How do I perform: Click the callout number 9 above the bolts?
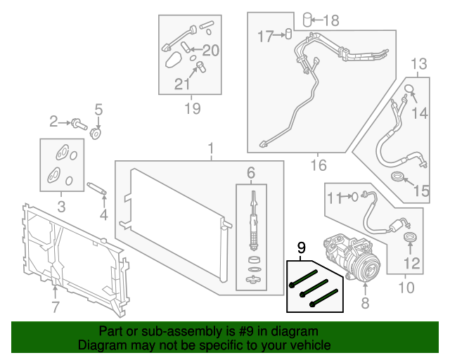(x=302, y=247)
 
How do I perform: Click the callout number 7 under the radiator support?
(x=55, y=307)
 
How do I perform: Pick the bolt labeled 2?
(x=78, y=125)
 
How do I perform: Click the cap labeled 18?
(x=307, y=19)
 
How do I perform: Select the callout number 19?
(x=191, y=108)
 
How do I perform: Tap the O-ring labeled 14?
(x=408, y=89)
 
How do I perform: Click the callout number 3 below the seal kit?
(x=61, y=206)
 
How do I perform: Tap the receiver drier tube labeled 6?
(x=252, y=218)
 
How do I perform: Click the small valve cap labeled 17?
(x=288, y=34)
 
